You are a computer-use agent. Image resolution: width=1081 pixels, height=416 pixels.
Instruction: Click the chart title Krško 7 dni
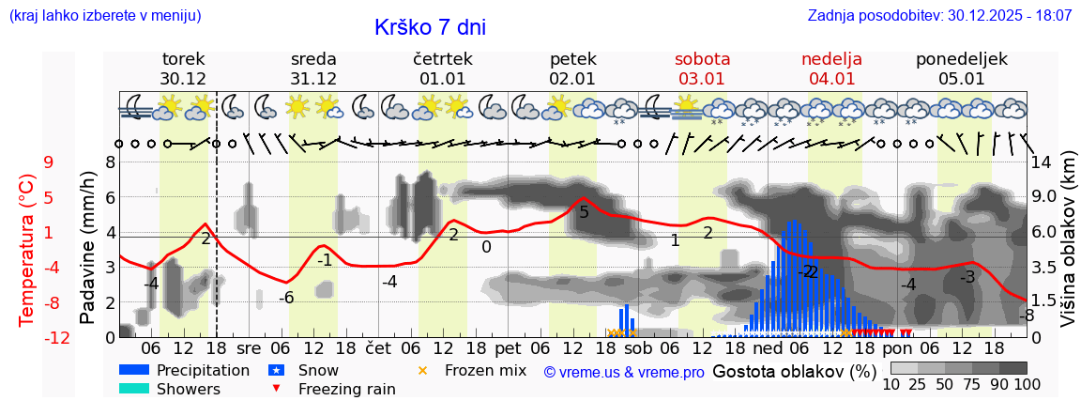pos(430,27)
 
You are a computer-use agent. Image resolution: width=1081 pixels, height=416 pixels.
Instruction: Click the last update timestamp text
pos(939,16)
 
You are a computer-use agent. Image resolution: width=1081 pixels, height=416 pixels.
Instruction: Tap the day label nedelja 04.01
pos(831,69)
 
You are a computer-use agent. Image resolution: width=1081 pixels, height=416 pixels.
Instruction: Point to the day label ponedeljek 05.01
pos(962,69)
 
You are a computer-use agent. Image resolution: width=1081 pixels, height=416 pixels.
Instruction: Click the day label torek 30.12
pos(183,69)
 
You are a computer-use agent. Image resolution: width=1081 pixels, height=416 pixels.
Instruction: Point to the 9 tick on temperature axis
pos(48,162)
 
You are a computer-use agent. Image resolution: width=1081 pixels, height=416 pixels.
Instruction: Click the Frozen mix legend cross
pos(422,371)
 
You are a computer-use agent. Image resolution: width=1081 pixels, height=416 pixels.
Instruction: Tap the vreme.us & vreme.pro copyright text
pos(624,372)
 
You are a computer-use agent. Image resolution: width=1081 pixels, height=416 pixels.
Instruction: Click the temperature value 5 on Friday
pos(584,212)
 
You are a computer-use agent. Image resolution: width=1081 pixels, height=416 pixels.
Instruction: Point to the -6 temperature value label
pos(287,298)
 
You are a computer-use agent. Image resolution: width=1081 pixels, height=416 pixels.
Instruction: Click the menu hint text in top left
pos(105,16)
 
